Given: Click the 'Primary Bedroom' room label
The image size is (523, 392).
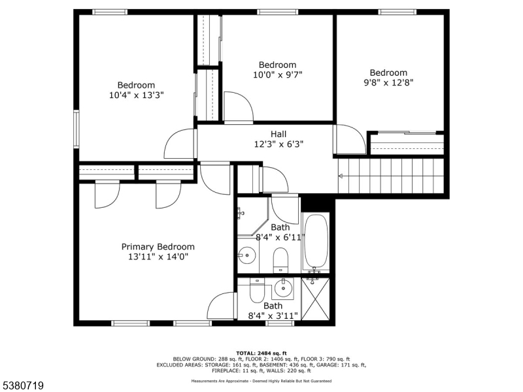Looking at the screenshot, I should pyautogui.click(x=158, y=246).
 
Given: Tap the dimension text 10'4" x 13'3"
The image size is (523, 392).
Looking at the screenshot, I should pyautogui.click(x=136, y=95).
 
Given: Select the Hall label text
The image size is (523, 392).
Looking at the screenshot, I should pyautogui.click(x=278, y=134).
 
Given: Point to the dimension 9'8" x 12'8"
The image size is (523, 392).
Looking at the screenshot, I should pyautogui.click(x=388, y=83).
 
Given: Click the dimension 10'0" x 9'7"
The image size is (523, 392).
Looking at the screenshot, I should pyautogui.click(x=277, y=74).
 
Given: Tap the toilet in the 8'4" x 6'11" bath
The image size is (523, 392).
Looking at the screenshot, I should pyautogui.click(x=280, y=259).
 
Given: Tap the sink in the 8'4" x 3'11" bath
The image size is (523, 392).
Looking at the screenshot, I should pyautogui.click(x=283, y=287).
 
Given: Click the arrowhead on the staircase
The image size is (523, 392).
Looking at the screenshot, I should pyautogui.click(x=341, y=176).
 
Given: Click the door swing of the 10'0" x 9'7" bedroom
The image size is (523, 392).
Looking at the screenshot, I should pyautogui.click(x=236, y=108).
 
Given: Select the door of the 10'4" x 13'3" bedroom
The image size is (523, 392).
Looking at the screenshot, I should pyautogui.click(x=180, y=144).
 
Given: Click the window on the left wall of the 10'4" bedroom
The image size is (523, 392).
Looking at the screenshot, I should pyautogui.click(x=76, y=129).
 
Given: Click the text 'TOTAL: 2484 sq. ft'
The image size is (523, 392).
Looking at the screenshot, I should pyautogui.click(x=261, y=353).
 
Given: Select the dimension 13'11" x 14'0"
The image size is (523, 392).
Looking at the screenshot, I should pyautogui.click(x=158, y=257).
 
